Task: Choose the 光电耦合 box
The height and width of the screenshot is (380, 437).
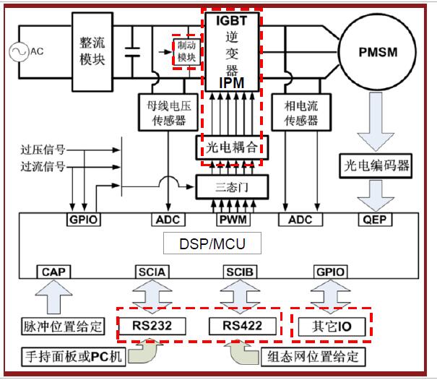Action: (231, 149)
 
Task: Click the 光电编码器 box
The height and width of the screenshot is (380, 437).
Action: (375, 165)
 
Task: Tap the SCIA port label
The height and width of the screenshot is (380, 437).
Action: (152, 272)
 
